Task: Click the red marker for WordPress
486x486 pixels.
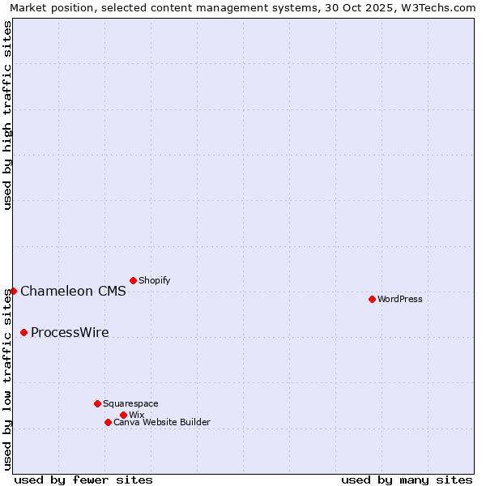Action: pos(372,299)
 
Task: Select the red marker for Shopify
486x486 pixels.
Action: pos(133,280)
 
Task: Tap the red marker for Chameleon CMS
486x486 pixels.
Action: pos(13,291)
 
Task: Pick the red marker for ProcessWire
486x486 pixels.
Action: pos(23,332)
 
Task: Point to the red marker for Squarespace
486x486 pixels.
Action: pos(97,403)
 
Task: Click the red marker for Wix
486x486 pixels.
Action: pos(123,415)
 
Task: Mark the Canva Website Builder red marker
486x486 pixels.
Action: pos(108,422)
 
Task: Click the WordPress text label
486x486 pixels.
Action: pos(400,299)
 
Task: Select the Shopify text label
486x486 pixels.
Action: pos(155,280)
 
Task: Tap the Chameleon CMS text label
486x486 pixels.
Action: pos(73,292)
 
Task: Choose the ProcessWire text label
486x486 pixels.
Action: pos(70,333)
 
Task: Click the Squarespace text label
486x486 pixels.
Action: pos(130,403)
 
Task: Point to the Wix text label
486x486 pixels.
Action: pos(137,415)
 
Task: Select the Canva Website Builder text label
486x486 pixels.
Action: pos(162,422)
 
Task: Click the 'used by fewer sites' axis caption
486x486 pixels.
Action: pos(83,480)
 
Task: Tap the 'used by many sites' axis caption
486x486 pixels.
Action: pos(407,480)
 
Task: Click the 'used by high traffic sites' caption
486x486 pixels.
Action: pos(8,115)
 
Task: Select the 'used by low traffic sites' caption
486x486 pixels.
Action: pos(8,379)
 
